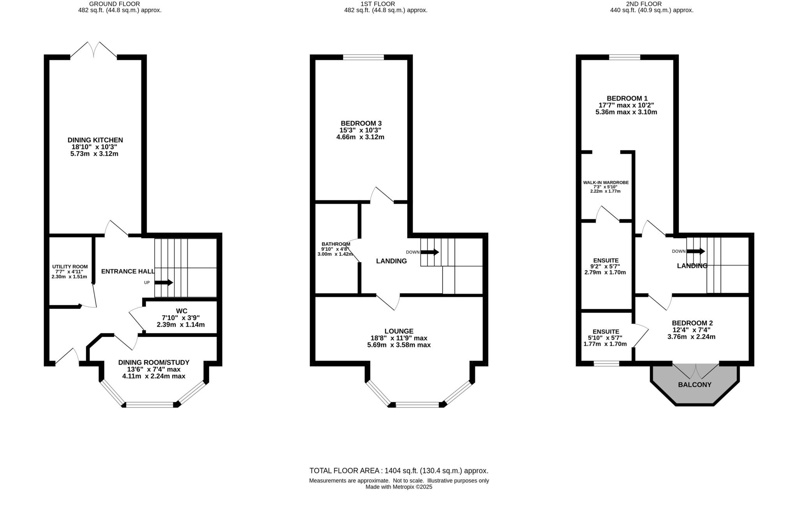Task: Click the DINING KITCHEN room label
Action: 95,140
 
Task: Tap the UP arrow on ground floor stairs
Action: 164,282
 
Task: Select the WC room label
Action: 182,311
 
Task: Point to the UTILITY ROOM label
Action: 70,267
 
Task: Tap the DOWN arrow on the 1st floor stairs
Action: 430,252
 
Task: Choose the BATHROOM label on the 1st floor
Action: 335,244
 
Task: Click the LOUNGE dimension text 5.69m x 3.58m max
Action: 399,345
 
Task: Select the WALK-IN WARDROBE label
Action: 606,182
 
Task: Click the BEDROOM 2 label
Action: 692,323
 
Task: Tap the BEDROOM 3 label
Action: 361,123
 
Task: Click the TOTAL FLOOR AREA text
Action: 399,471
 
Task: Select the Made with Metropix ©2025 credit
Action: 399,487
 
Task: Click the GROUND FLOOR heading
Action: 114,4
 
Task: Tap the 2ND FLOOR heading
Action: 651,4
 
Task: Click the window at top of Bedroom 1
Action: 625,57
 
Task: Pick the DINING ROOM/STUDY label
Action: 154,362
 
